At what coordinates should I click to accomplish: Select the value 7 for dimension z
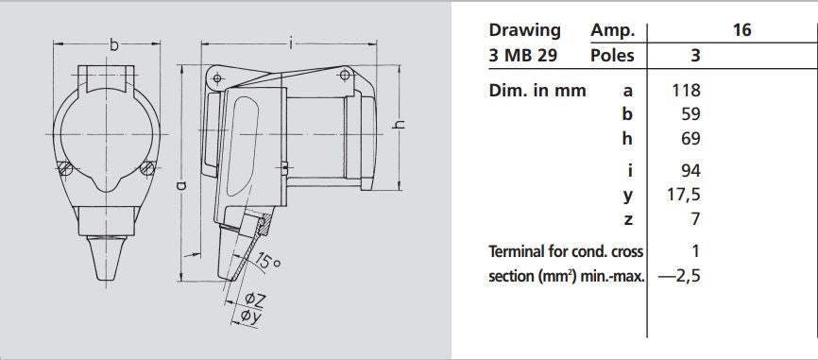695,219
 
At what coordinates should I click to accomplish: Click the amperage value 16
741,30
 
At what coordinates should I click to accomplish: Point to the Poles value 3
695,55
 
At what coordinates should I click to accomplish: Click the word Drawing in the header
524,30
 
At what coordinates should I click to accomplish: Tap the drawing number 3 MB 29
523,55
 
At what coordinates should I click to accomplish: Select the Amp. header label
612,30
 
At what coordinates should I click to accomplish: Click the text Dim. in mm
537,91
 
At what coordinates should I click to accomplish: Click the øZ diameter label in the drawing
255,300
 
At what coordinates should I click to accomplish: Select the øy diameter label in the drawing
251,317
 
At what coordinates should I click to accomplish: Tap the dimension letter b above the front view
114,43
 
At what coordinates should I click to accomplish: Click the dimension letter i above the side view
292,43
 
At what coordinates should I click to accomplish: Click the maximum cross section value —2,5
678,277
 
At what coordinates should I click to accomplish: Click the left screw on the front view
64,169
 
